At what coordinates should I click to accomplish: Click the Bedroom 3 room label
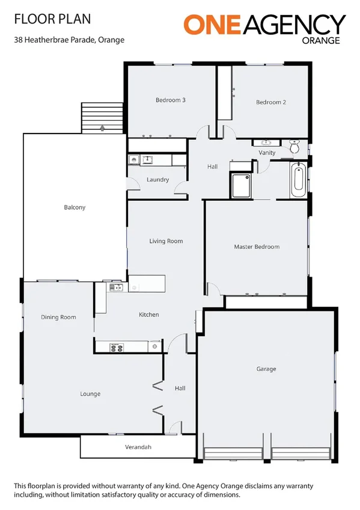pos(170,100)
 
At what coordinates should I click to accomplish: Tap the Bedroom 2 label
pos(270,102)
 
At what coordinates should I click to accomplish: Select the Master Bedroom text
pos(257,247)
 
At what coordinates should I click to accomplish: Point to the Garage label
pos(266,369)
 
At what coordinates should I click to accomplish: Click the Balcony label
pos(75,207)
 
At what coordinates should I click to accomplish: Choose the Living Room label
pos(166,241)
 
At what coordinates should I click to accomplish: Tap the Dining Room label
pos(58,317)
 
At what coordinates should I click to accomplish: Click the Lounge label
pos(90,394)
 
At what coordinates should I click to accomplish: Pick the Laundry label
pos(157,179)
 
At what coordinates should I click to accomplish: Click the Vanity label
pos(267,153)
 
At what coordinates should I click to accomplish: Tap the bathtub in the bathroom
pos(297,180)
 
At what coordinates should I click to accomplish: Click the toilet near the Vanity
pos(295,146)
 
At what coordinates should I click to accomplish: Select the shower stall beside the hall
pos(241,186)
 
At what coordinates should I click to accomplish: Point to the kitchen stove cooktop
pos(117,346)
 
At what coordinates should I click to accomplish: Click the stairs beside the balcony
pos(102,117)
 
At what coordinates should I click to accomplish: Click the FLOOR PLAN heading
pos(52,19)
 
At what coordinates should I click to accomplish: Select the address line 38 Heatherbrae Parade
pos(70,40)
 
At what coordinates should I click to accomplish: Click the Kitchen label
pos(148,315)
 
